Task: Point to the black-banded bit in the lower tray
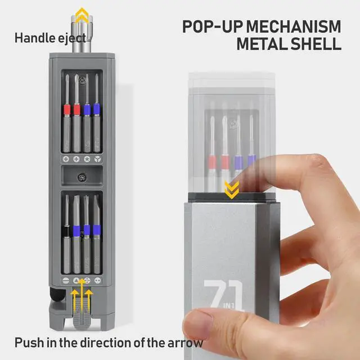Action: tap(66, 231)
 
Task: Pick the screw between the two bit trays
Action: tap(83, 177)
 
